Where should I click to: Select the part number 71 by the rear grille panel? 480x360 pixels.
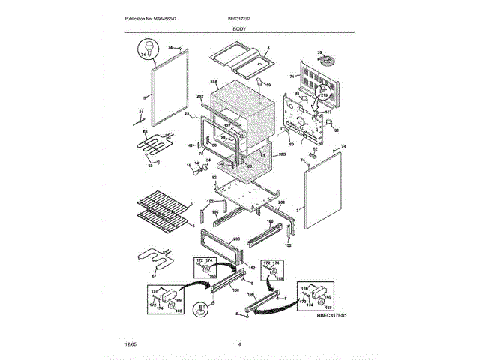[290, 77]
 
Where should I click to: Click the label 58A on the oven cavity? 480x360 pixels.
[214, 81]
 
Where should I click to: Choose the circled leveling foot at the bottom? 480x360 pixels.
[201, 308]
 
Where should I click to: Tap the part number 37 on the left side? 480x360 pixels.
[139, 111]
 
